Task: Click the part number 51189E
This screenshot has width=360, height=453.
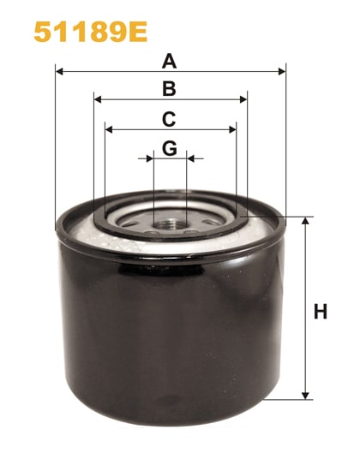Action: click(x=90, y=32)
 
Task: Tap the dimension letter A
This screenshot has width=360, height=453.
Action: click(x=170, y=61)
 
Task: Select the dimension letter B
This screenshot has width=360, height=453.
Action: click(x=170, y=88)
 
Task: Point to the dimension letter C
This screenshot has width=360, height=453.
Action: click(x=170, y=118)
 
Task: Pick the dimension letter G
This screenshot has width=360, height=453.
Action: click(x=170, y=147)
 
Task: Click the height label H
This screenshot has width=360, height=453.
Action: click(x=321, y=312)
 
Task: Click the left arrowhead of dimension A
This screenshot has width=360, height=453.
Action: click(x=59, y=72)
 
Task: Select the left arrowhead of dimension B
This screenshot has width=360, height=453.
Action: click(x=98, y=99)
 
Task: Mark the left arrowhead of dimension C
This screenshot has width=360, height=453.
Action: click(x=109, y=129)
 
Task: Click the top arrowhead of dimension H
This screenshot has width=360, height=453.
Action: click(x=305, y=222)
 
